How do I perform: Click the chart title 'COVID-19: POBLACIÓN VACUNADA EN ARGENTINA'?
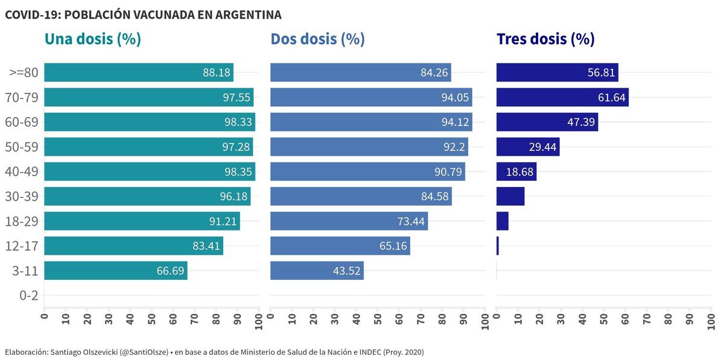click(143, 14)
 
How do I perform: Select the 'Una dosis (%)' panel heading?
click(93, 39)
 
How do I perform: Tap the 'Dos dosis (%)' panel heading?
click(317, 39)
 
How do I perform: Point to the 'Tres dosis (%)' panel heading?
click(545, 39)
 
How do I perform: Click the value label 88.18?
click(217, 73)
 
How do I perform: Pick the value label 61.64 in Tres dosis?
click(612, 98)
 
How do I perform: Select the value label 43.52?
click(347, 271)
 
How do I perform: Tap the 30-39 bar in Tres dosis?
click(510, 197)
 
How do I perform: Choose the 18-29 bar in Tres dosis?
click(503, 221)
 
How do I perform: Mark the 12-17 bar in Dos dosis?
click(340, 246)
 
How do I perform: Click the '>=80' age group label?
click(24, 73)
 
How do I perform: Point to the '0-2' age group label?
click(29, 296)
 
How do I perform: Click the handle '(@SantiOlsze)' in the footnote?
click(144, 352)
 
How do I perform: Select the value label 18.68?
click(519, 172)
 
